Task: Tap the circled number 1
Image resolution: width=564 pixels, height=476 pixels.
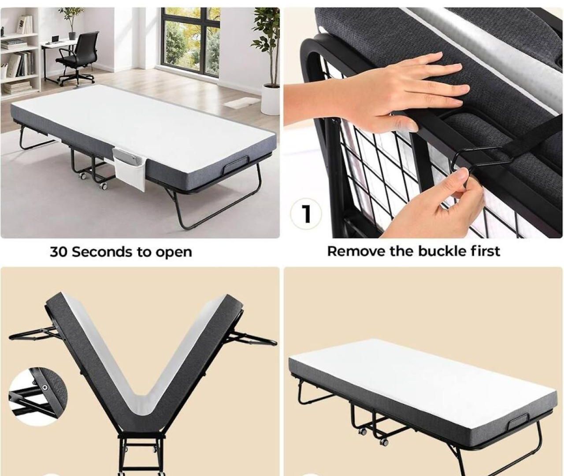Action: [x=306, y=213]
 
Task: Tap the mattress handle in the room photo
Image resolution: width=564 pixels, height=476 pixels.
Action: [x=236, y=165]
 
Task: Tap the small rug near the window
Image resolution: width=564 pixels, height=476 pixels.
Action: [x=242, y=103]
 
